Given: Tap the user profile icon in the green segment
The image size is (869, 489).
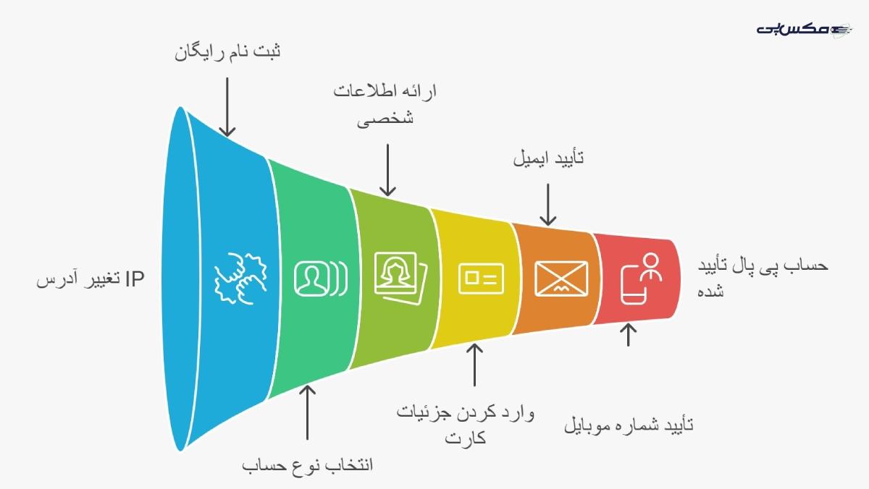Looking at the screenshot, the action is (319, 278).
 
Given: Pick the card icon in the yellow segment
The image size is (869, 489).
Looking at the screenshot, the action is (481, 277).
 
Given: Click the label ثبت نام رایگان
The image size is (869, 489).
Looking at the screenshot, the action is (228, 53).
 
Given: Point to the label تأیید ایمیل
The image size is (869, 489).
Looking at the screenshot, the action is (548, 158).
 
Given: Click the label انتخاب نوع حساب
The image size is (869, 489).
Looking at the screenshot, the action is (308, 464).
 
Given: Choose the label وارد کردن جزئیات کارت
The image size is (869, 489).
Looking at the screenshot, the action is (465, 425).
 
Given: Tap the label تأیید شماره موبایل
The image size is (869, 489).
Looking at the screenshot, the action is (629, 425).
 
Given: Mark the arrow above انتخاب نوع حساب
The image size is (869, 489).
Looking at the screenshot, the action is (308, 412).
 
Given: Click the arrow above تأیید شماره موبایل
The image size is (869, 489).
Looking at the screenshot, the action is (629, 335).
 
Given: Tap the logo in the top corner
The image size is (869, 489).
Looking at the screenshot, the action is (804, 29).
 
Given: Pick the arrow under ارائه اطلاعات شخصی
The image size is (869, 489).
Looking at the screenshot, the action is (388, 169).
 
